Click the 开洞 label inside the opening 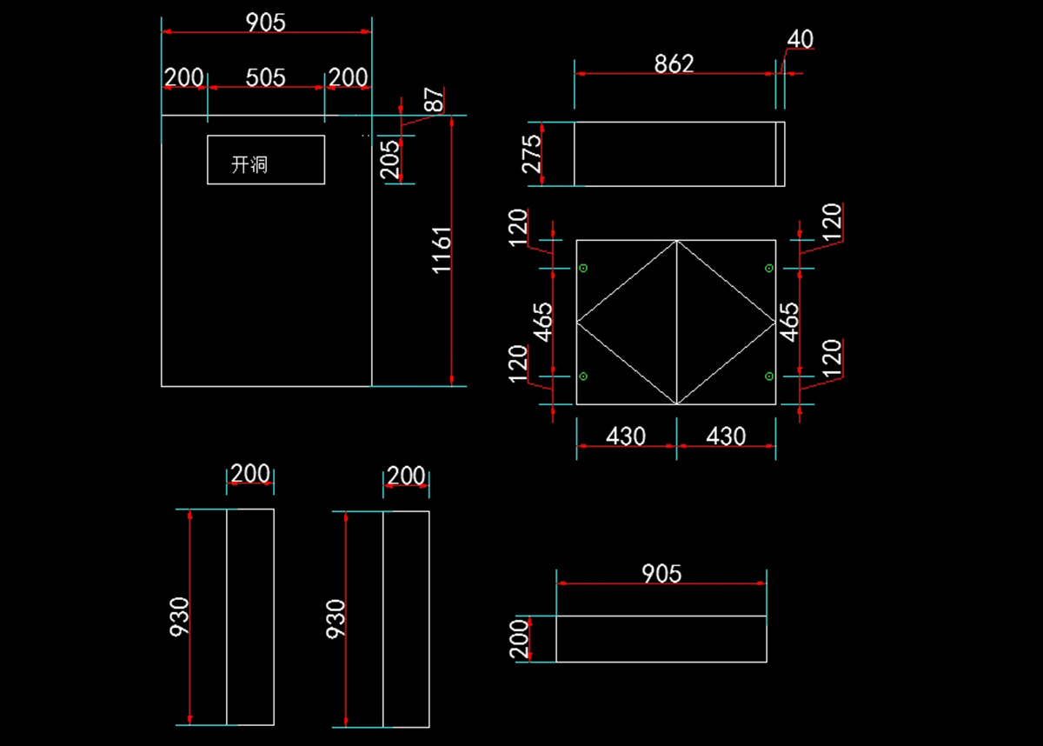click(249, 165)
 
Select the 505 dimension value click(265, 78)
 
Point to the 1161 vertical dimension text click(443, 250)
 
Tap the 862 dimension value click(674, 63)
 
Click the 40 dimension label click(800, 40)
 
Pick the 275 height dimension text click(533, 154)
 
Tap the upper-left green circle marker click(583, 267)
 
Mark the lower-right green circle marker click(769, 376)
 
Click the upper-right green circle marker click(769, 268)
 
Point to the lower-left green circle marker click(583, 376)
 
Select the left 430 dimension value click(626, 436)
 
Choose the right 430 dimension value click(726, 436)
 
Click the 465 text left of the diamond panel click(543, 322)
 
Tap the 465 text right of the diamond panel click(790, 322)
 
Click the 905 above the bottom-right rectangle click(661, 574)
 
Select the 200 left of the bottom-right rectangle click(520, 639)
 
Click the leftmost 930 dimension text click(180, 616)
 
